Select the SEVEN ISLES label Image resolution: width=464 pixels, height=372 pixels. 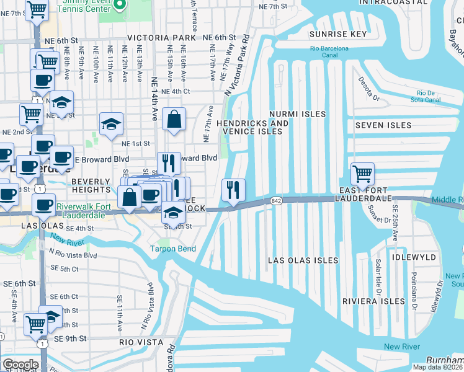[x=383, y=125]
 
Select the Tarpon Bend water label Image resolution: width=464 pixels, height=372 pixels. [x=172, y=249]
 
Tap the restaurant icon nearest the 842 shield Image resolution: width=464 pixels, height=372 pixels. [x=233, y=190]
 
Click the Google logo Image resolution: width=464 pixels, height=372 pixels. [x=20, y=364]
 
